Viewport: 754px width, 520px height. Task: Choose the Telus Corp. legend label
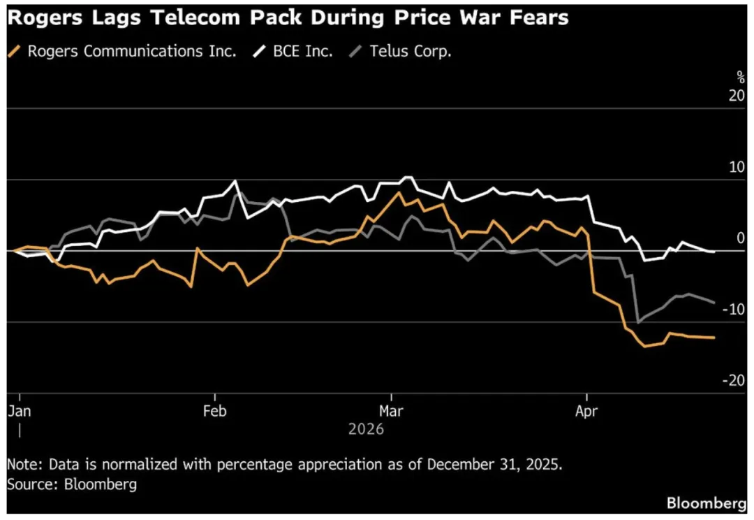[x=409, y=51]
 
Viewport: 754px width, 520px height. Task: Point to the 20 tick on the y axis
[x=737, y=96]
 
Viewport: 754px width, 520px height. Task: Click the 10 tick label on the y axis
[x=737, y=168]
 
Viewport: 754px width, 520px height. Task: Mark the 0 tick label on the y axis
[x=741, y=238]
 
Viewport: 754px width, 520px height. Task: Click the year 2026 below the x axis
[x=366, y=429]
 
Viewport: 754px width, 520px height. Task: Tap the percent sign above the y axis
[x=741, y=78]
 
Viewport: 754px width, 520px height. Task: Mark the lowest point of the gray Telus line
[x=637, y=322]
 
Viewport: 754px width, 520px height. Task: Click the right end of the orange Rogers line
[x=714, y=338]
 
